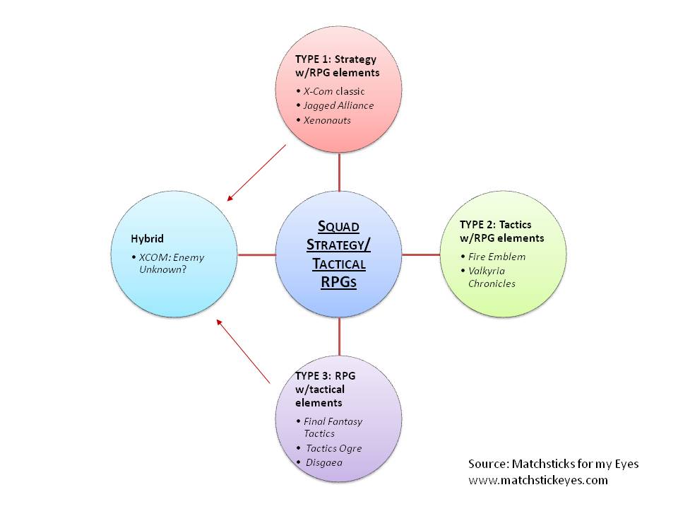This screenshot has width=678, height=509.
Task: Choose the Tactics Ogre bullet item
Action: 333,448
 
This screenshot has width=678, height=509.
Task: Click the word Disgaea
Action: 326,462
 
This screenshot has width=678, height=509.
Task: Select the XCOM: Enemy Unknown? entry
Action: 172,264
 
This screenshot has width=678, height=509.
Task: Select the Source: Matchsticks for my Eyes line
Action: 553,464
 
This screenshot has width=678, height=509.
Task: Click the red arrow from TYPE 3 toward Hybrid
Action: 244,353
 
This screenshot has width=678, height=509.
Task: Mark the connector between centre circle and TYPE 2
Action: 421,254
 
